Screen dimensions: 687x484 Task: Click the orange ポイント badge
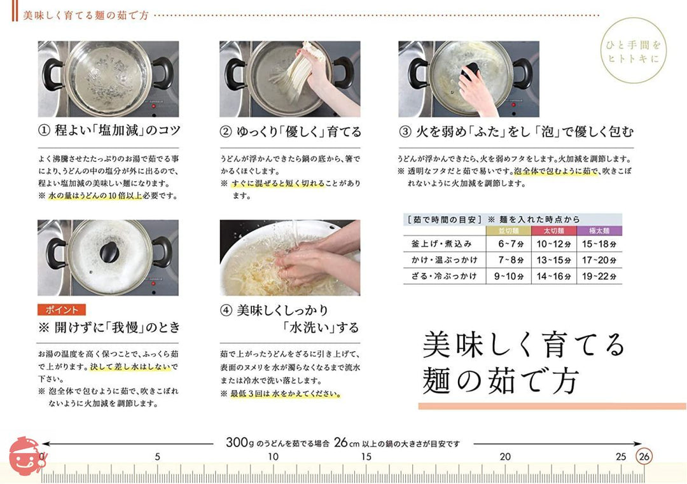(x=61, y=310)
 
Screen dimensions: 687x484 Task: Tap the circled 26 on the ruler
(x=644, y=457)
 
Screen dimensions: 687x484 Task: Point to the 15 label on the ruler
(x=366, y=457)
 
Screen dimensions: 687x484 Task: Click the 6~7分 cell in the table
(x=509, y=244)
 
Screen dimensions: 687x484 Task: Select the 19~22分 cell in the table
(x=599, y=277)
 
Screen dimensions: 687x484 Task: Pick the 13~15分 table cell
(x=554, y=260)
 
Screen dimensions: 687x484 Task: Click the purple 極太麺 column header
(x=599, y=231)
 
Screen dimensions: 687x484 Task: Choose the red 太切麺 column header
(x=554, y=231)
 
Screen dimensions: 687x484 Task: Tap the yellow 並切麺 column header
(x=509, y=231)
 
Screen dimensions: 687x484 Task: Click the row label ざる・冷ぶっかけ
(x=443, y=277)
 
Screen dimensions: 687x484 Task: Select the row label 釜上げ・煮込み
(x=441, y=244)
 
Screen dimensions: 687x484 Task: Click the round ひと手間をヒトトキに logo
(x=633, y=51)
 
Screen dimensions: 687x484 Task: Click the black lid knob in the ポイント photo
(x=109, y=252)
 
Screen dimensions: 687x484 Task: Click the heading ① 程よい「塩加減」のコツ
(x=109, y=130)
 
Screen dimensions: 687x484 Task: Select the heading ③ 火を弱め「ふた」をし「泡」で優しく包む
(x=516, y=132)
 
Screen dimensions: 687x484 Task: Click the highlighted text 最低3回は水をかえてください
(x=285, y=394)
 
